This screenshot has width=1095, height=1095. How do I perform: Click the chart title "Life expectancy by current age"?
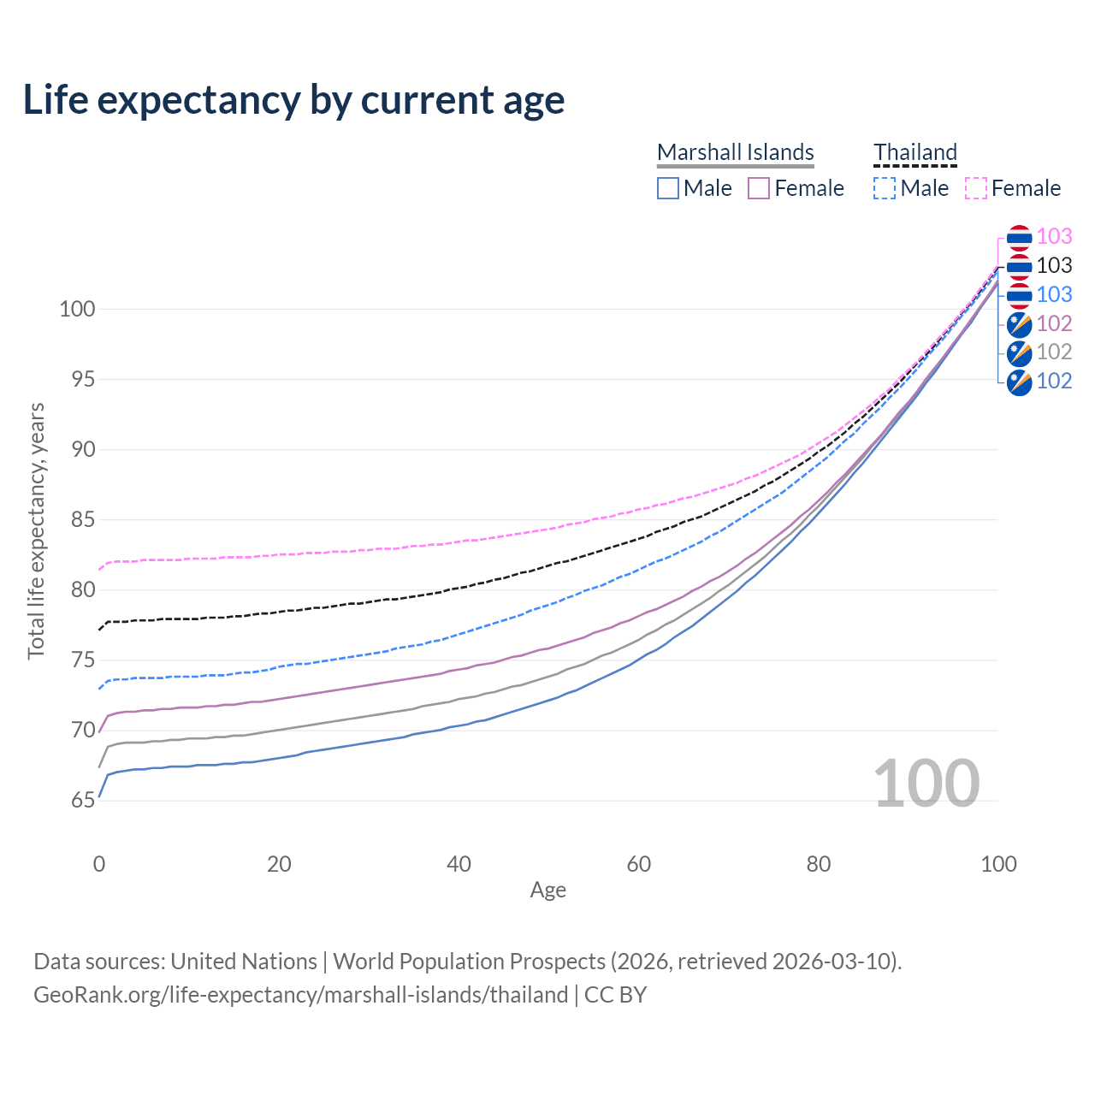[293, 100]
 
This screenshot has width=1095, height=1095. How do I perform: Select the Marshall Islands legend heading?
[736, 152]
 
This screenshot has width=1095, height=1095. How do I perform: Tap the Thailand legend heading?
[915, 152]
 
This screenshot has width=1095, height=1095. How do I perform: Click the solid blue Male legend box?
[668, 188]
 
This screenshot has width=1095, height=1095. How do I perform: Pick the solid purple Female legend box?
[759, 188]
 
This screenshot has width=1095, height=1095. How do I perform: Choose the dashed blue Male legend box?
[885, 188]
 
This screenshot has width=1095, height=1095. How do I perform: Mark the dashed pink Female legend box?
[976, 188]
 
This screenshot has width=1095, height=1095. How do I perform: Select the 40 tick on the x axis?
[459, 864]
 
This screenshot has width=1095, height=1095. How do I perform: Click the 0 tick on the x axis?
[99, 864]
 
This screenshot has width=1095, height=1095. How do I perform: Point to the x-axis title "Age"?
[548, 891]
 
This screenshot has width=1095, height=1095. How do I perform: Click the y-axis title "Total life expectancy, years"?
[36, 531]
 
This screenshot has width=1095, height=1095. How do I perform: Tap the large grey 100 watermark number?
[926, 783]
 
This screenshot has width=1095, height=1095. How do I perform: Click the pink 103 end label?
[1054, 236]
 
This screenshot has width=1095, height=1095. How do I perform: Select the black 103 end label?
[1054, 265]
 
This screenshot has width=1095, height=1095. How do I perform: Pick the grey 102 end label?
[1054, 352]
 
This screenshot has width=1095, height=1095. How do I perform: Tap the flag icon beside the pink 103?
[1019, 237]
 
